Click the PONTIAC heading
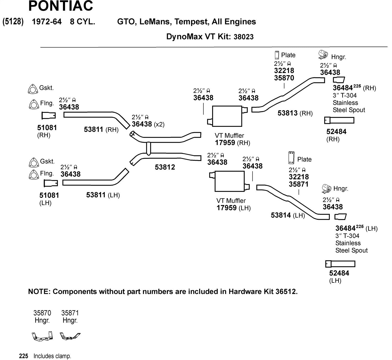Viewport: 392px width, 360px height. (61, 6)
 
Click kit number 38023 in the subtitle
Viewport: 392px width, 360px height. (244, 37)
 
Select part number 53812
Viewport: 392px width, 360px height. (165, 167)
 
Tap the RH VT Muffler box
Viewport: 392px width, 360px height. (227, 116)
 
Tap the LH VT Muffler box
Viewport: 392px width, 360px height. (229, 182)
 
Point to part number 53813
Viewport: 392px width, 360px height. (287, 113)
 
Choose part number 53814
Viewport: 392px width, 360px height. (281, 215)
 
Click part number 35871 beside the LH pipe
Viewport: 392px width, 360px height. (298, 184)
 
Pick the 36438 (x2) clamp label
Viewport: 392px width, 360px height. (142, 124)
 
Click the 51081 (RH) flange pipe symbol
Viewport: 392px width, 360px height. (49, 115)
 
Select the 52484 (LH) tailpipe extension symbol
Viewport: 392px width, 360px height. (340, 264)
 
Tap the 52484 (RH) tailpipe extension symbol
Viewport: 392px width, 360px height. (339, 120)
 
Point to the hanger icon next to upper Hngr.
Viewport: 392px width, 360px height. (324, 55)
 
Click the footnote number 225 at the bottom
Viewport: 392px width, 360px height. (24, 356)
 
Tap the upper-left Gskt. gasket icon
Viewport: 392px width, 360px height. (32, 89)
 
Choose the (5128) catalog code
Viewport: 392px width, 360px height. (13, 21)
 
